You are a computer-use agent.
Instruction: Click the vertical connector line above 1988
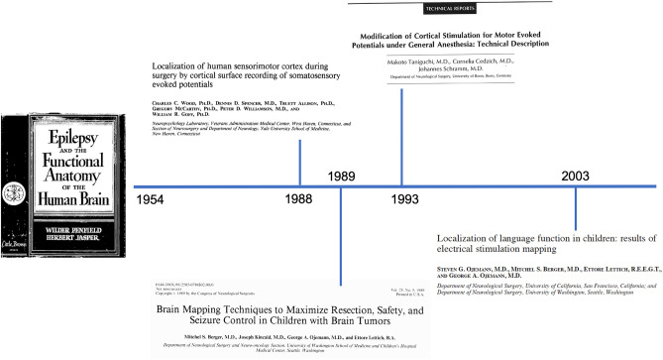[x=300, y=164]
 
